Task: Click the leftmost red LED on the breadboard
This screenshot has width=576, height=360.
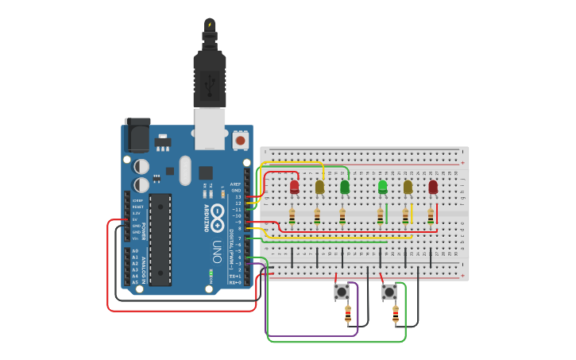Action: click(x=294, y=187)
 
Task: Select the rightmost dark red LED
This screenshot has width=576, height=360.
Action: click(x=433, y=187)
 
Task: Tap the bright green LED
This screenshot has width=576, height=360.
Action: click(x=382, y=187)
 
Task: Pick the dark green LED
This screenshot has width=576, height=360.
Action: click(x=344, y=187)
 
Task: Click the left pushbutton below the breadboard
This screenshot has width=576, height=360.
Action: click(x=342, y=292)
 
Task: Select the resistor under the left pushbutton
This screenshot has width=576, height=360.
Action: click(x=347, y=315)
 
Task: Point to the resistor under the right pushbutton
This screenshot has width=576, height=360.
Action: click(x=395, y=315)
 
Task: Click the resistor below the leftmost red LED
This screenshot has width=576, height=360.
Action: click(x=292, y=215)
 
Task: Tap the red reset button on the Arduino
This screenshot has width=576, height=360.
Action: click(x=240, y=141)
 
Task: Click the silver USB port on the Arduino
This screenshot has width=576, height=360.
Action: click(x=210, y=129)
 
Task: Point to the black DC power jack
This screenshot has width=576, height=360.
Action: click(x=137, y=135)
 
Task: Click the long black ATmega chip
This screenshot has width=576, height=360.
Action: click(x=160, y=238)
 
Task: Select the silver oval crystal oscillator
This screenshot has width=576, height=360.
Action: click(x=185, y=170)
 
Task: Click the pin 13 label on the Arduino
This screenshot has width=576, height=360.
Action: click(x=238, y=196)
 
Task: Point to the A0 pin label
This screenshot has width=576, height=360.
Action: click(x=135, y=251)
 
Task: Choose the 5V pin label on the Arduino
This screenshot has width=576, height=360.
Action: click(x=136, y=219)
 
